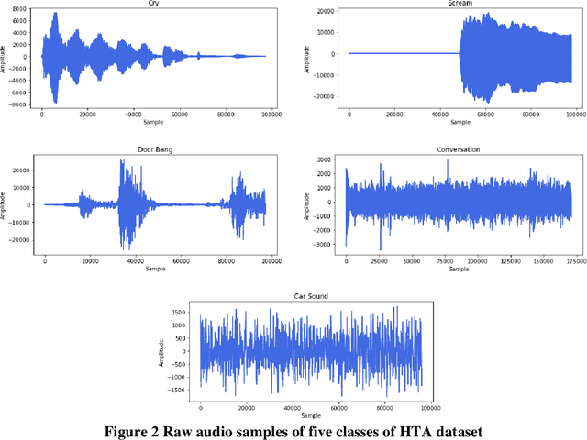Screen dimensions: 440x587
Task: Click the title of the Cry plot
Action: pos(151,5)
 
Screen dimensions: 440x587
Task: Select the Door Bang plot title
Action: pos(155,149)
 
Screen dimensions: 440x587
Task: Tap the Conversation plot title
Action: pos(459,149)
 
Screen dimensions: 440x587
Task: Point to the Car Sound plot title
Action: pos(310,297)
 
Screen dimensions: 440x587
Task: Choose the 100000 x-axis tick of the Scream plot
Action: pos(575,116)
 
